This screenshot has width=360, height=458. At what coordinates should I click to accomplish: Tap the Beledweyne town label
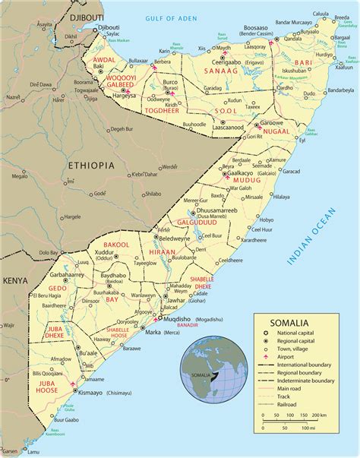coord(175,238)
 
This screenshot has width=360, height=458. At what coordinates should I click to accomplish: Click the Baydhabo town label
coord(113,275)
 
